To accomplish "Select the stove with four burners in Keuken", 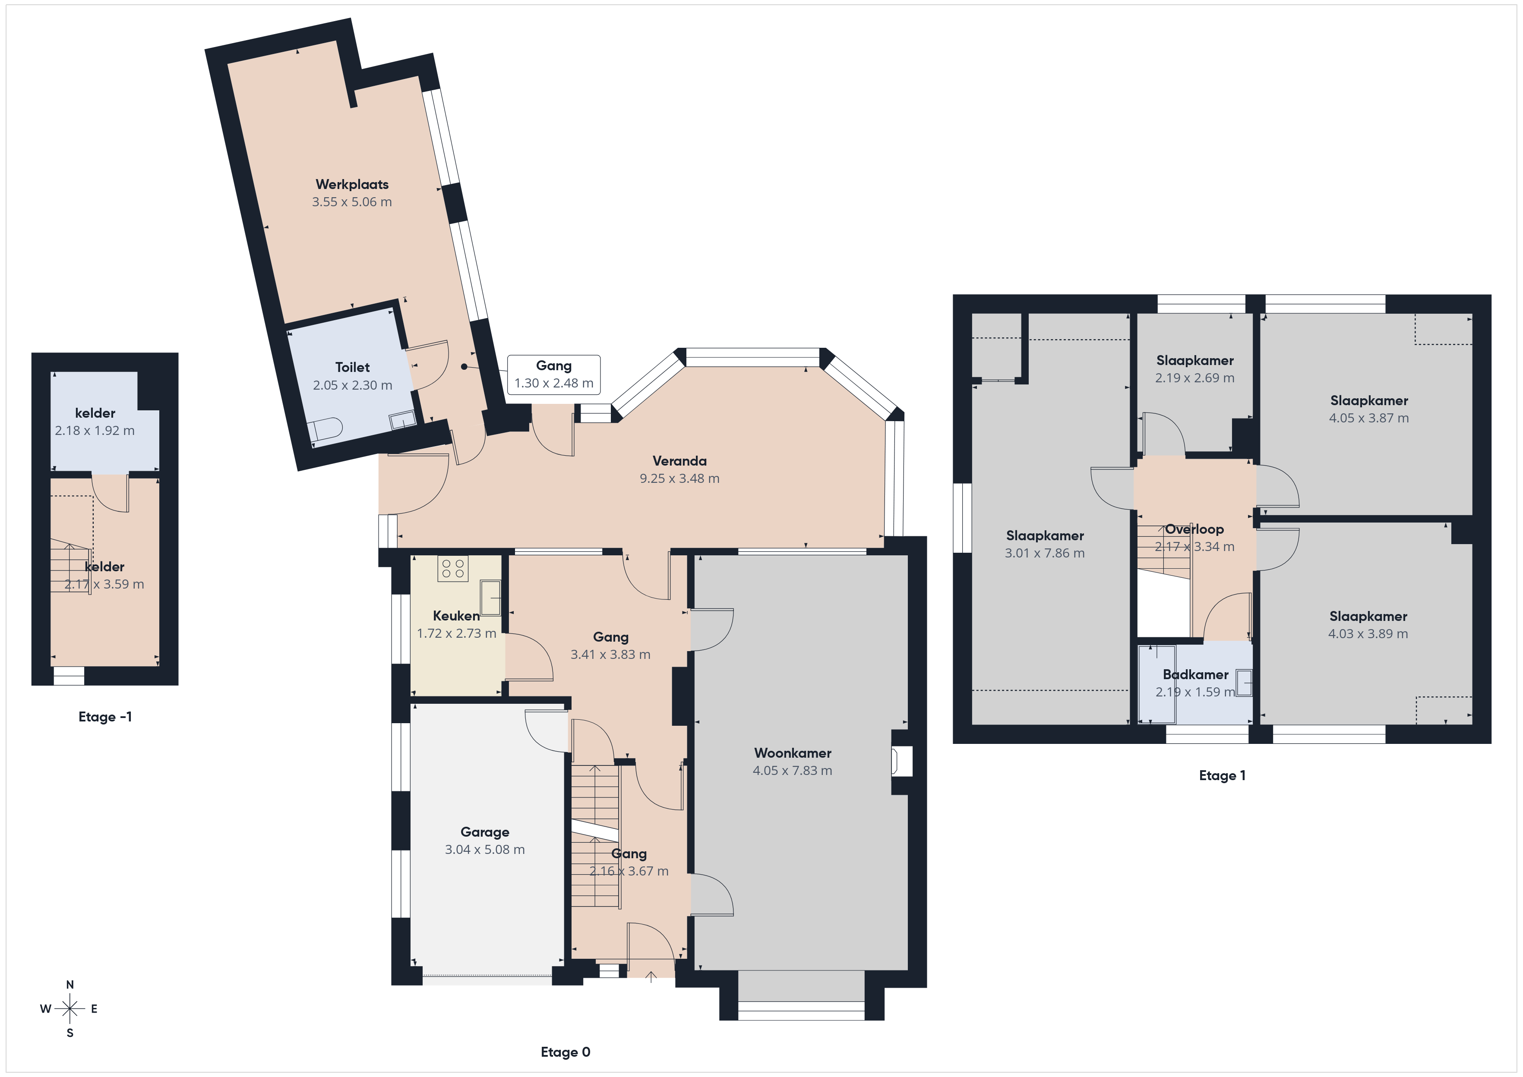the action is (x=452, y=568).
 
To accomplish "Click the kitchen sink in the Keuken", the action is (x=491, y=598).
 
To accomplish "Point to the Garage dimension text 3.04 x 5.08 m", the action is (x=485, y=850).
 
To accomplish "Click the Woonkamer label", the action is (x=793, y=753).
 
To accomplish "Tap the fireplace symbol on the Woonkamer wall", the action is (x=902, y=761).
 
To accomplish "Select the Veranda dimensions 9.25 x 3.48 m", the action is (x=679, y=478).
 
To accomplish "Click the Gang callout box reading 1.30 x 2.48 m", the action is (x=554, y=375).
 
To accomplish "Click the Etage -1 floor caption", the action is (x=105, y=717).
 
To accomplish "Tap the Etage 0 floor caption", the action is (x=565, y=1052).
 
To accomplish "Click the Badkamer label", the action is (x=1195, y=674).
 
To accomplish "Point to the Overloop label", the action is (x=1194, y=529).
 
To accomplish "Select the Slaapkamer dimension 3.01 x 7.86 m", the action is (x=1045, y=553).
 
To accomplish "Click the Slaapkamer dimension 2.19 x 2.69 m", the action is (x=1194, y=378).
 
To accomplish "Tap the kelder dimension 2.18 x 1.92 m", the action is (x=95, y=430).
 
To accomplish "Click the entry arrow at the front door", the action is (x=651, y=976).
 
